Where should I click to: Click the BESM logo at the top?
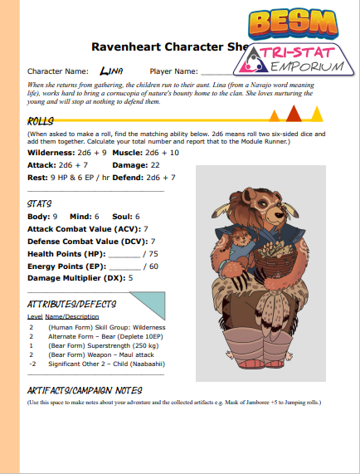tap(297, 19)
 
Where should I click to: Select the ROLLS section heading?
tap(41, 121)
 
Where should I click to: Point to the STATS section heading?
tap(40, 203)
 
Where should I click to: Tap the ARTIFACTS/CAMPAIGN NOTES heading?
tap(85, 390)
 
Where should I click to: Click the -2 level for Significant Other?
tap(32, 363)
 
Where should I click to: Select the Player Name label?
tap(173, 71)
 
